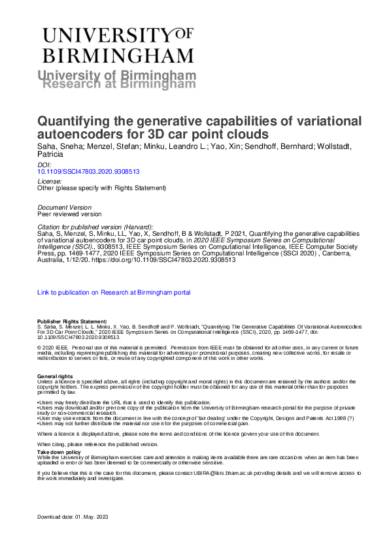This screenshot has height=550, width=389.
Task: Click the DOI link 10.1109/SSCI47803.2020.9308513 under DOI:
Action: pos(89,172)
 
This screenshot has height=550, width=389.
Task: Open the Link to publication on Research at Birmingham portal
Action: pos(114,293)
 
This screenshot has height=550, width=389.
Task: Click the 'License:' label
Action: pos(50,180)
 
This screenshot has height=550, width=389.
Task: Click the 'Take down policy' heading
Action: pos(59,451)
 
